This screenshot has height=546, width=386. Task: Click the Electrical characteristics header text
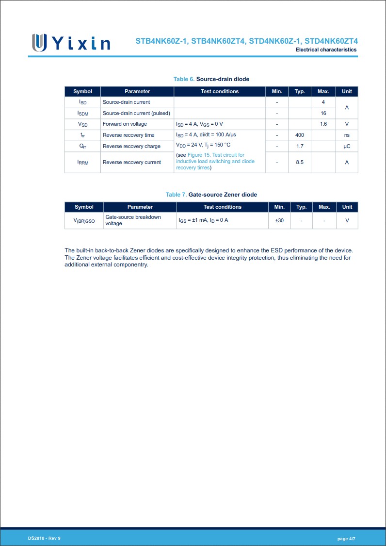pyautogui.click(x=326, y=50)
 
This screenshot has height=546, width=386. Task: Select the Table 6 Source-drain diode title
pyautogui.click(x=211, y=79)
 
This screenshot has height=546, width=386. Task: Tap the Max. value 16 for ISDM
pyautogui.click(x=323, y=113)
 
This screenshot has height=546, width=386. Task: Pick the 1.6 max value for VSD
pyautogui.click(x=323, y=124)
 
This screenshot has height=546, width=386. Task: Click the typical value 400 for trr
pyautogui.click(x=300, y=135)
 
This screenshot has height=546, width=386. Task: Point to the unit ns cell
pyautogui.click(x=347, y=135)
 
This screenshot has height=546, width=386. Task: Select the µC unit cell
pyautogui.click(x=347, y=146)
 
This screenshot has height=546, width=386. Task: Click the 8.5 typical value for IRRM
pyautogui.click(x=300, y=162)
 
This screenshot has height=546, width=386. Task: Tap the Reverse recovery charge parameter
pyautogui.click(x=131, y=146)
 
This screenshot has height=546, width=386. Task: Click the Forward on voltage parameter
pyautogui.click(x=125, y=124)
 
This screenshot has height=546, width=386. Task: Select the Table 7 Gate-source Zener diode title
pyautogui.click(x=211, y=194)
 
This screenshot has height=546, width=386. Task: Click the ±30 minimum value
pyautogui.click(x=279, y=220)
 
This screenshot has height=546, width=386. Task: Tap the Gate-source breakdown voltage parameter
pyautogui.click(x=133, y=220)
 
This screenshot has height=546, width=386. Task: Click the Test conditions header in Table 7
pyautogui.click(x=223, y=207)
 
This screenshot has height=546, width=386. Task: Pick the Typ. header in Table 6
pyautogui.click(x=300, y=91)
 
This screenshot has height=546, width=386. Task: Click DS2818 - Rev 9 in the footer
pyautogui.click(x=44, y=538)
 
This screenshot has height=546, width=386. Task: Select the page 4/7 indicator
pyautogui.click(x=346, y=539)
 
